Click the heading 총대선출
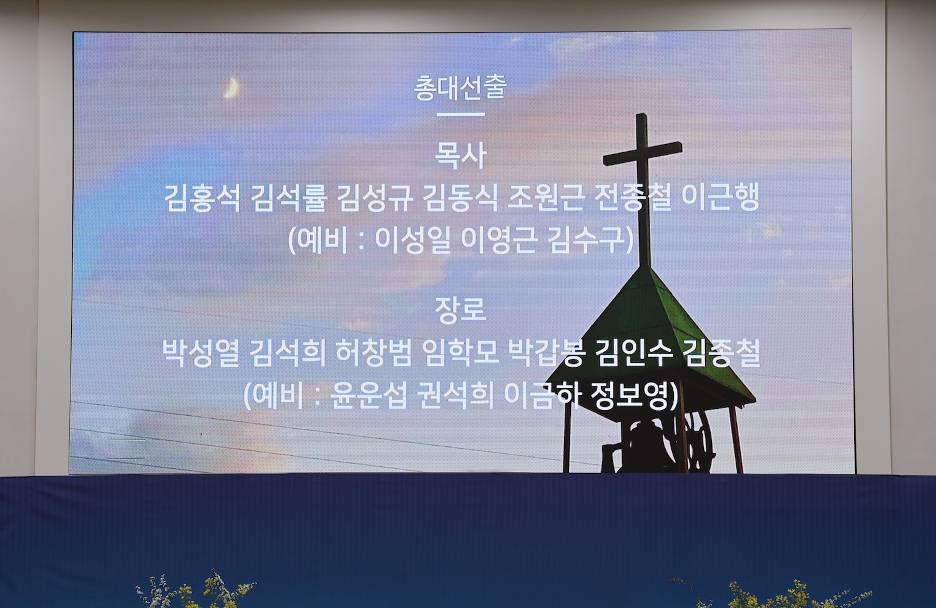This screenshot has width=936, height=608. pos(460,87)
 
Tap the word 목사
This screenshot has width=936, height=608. pos(461,155)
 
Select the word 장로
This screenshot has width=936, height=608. pos(461,310)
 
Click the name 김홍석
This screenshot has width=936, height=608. pos(202,198)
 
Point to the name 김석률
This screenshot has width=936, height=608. pos(288,198)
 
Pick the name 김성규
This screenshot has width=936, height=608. pos(374,198)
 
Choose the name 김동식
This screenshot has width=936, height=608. pos(461,198)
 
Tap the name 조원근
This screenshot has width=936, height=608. pos(546,198)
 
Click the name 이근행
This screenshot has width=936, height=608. pos(720,198)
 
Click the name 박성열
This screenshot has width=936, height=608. pos(201,353)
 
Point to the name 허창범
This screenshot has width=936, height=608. pos(374,353)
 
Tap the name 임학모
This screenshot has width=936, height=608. pos(461,353)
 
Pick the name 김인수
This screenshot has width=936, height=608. pos(635,353)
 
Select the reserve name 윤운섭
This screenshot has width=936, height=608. pos(369,395)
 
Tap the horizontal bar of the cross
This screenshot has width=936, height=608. pos(643,154)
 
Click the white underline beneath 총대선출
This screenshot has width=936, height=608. pos(461,114)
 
